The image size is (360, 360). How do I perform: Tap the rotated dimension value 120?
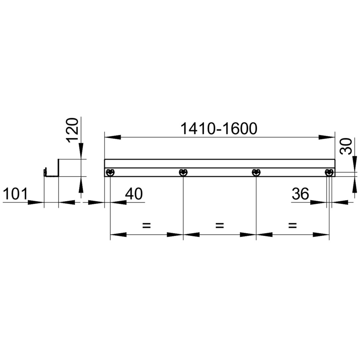(x=72, y=130)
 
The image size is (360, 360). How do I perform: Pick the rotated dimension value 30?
(x=346, y=146)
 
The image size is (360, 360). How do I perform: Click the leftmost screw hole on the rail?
(x=110, y=172)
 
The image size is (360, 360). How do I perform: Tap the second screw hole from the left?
(x=183, y=172)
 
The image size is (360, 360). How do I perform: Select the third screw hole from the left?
(x=256, y=172)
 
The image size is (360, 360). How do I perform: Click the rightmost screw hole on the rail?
(x=329, y=172)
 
